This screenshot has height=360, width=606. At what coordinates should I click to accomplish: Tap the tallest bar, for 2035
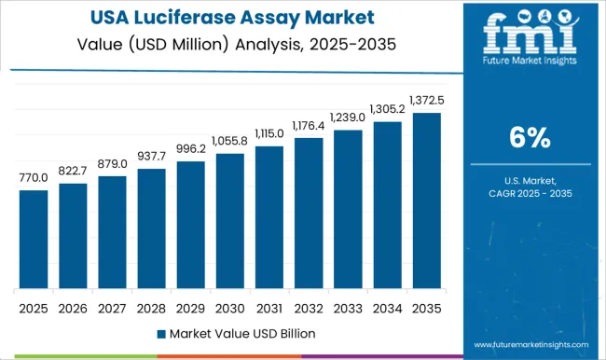click(426, 200)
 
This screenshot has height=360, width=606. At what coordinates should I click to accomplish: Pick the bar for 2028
click(151, 228)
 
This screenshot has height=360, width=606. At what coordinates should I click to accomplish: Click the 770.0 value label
click(33, 178)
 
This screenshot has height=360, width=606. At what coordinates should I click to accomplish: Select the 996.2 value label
click(190, 149)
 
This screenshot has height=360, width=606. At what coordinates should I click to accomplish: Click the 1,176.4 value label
click(309, 126)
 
